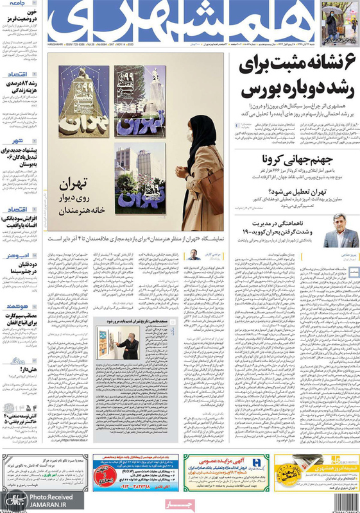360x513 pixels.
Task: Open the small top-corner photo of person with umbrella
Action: tap(338, 22)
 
